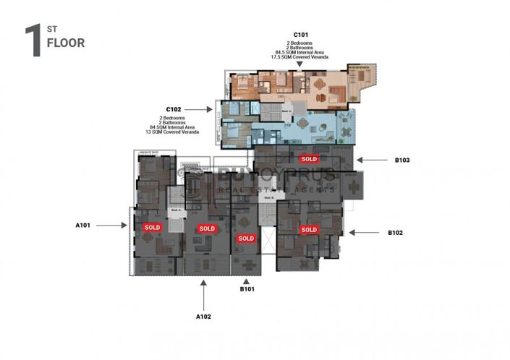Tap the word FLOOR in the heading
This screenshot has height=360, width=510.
(x=65, y=43)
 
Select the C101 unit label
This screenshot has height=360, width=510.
(x=302, y=35)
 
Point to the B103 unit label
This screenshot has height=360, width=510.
(x=404, y=161)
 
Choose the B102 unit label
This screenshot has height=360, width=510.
(x=395, y=233)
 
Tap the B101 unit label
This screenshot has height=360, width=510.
(x=247, y=289)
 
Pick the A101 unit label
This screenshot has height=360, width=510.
(x=83, y=226)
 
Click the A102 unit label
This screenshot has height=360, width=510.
(x=204, y=316)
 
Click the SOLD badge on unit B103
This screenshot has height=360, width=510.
(x=309, y=158)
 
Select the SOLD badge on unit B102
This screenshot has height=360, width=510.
(x=309, y=230)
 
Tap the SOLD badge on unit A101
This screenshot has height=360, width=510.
(x=152, y=227)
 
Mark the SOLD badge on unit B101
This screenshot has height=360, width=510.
(x=247, y=238)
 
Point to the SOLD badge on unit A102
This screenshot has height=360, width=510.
(x=207, y=228)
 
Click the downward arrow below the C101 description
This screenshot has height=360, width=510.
(x=299, y=64)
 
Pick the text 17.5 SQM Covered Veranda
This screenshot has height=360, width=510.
(x=300, y=56)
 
